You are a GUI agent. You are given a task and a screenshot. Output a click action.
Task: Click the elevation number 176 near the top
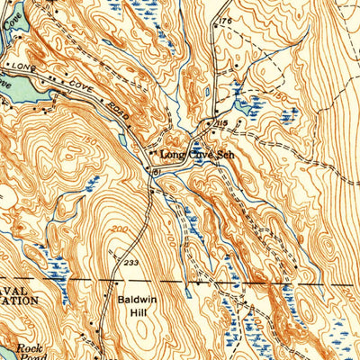tap(224, 19)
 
